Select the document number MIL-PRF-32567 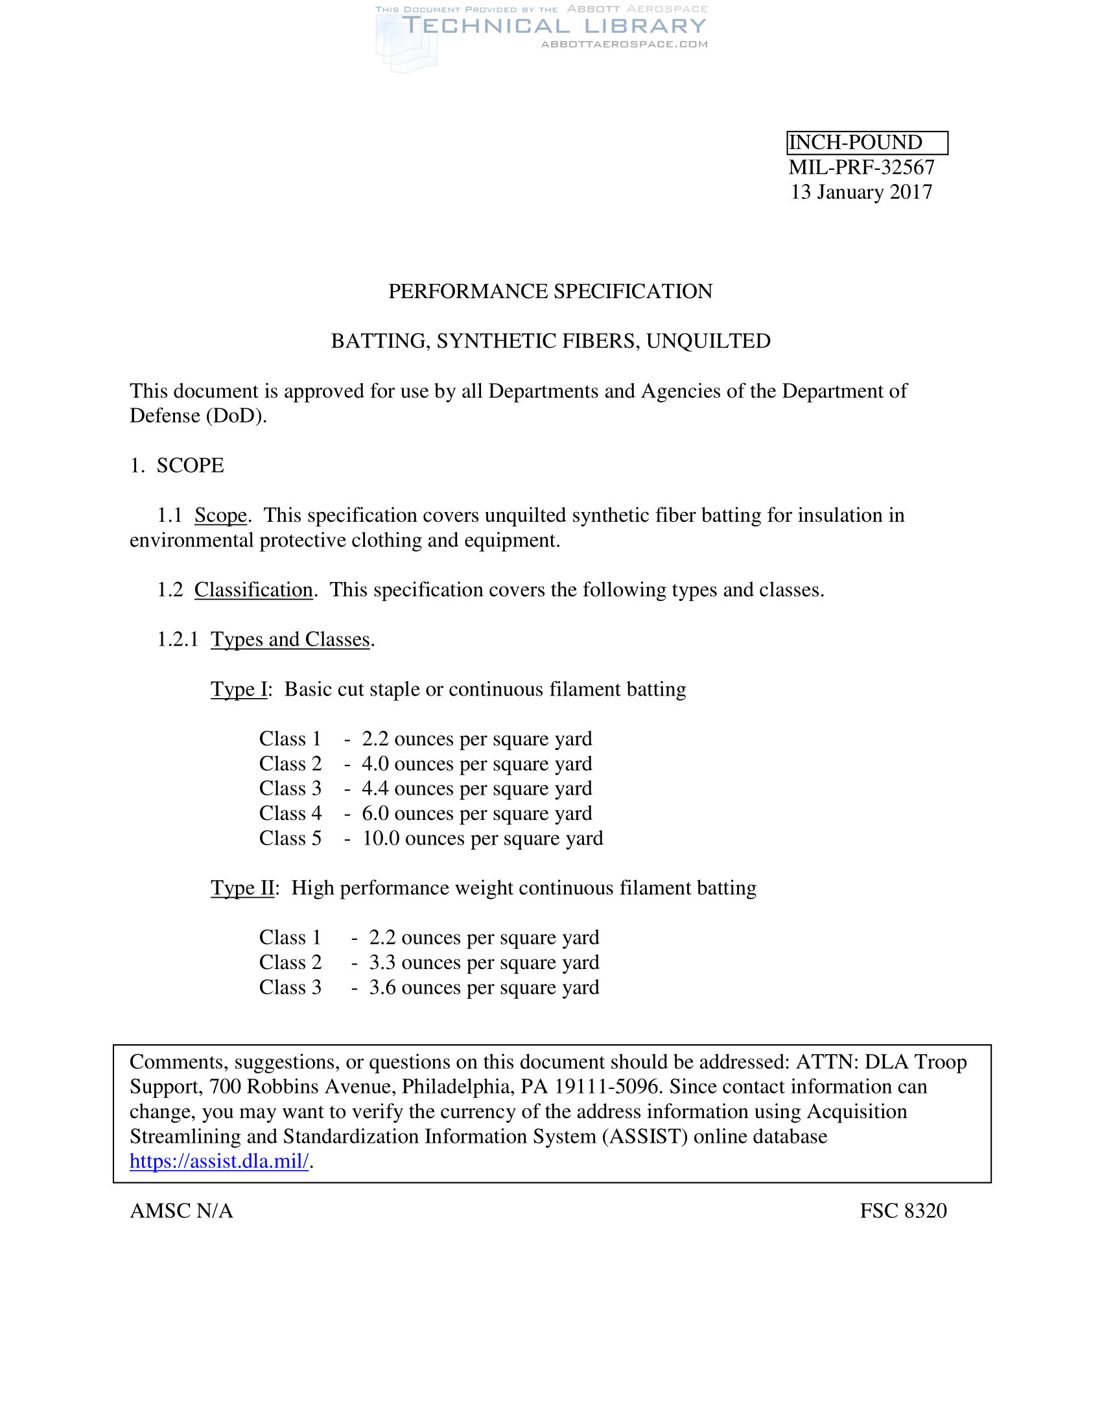coord(861,167)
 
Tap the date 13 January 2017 coord(861,192)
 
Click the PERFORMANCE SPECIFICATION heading coord(550,291)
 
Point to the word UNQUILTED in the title coord(709,341)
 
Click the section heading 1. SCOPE coord(177,465)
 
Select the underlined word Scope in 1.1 coord(220,515)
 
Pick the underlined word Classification coord(254,590)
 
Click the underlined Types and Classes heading coord(290,639)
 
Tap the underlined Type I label coord(239,689)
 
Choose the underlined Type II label coord(242,888)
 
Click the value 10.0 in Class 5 coord(381,838)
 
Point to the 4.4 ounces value coord(375,789)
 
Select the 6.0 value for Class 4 coord(375,813)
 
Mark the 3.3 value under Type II coord(382,963)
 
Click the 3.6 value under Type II coord(382,987)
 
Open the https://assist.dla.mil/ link coord(219,1161)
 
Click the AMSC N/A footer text coord(182,1211)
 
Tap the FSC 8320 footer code coord(903,1211)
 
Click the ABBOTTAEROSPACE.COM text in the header coord(624,44)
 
